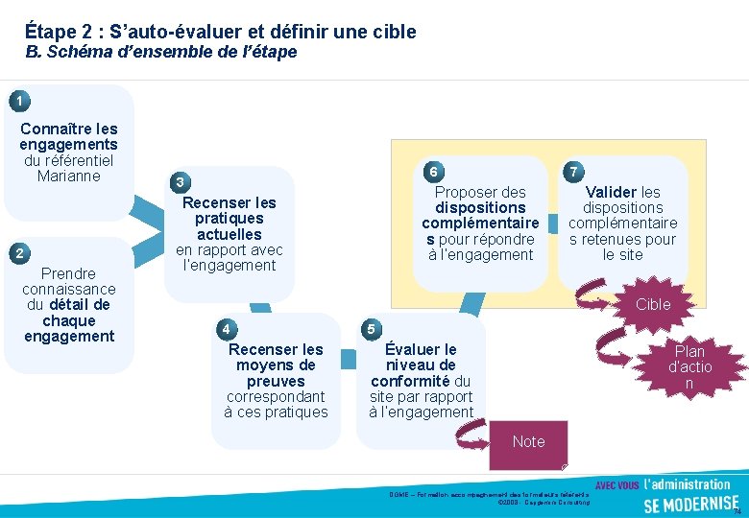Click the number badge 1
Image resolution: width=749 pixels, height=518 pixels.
tap(16, 100)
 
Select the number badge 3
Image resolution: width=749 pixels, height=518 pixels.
tap(180, 182)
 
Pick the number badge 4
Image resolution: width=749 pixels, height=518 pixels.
tap(225, 329)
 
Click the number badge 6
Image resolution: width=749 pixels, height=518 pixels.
tap(433, 172)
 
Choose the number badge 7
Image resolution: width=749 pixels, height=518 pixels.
tap(573, 172)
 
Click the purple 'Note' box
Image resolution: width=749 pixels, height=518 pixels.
tap(528, 442)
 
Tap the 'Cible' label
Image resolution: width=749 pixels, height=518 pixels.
tap(653, 304)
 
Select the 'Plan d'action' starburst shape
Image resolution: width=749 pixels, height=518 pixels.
tap(689, 367)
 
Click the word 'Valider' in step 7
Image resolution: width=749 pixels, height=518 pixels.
tap(611, 192)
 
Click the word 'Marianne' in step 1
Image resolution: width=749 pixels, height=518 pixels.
tap(68, 176)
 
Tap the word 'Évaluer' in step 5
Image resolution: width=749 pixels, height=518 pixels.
tap(421, 349)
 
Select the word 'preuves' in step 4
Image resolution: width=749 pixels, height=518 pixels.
tap(276, 381)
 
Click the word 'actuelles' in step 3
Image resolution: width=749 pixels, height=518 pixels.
tap(229, 234)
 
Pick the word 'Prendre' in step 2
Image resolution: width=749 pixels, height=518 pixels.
tap(68, 273)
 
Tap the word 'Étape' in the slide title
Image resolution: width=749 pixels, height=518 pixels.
tap(49, 32)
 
